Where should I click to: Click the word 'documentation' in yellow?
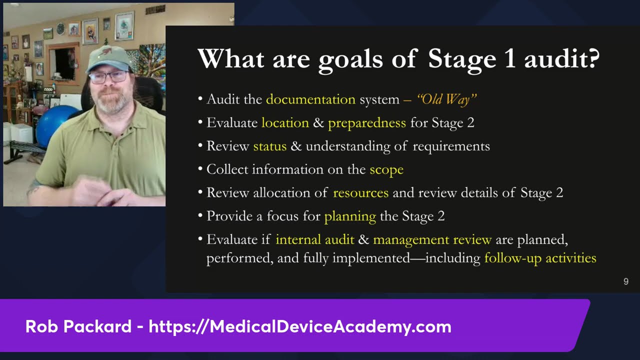310,99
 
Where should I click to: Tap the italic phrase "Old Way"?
446,99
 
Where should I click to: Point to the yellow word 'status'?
269,146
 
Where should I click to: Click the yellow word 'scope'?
386,170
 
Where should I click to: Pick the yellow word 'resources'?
360,193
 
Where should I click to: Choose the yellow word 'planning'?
350,216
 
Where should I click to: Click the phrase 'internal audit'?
315,239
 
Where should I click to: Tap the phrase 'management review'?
432,240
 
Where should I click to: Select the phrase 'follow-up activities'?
540,258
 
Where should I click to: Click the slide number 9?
625,281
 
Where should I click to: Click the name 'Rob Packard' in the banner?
78,326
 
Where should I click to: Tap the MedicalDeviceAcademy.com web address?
300,327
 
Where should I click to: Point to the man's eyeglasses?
109,77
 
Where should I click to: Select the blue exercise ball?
55,125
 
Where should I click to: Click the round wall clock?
60,28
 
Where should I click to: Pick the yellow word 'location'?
285,123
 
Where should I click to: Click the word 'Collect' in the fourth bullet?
227,169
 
